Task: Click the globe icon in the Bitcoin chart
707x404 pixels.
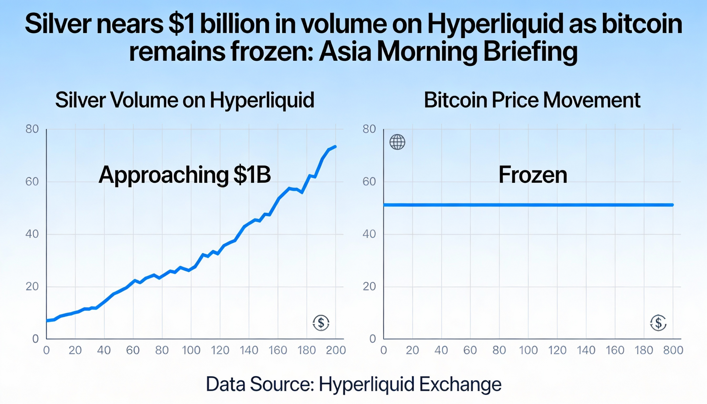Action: [397, 142]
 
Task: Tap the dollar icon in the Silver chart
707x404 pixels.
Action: [321, 323]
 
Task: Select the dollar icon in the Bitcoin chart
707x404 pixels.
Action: [658, 323]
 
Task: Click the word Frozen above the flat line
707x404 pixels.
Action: [533, 175]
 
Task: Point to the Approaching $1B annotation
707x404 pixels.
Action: [184, 175]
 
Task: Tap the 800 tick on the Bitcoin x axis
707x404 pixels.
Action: [673, 350]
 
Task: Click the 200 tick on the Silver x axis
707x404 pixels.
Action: [336, 350]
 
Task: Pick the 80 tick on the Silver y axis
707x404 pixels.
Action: [32, 129]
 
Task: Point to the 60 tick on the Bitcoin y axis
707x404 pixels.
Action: [369, 182]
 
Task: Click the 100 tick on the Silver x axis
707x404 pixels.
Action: [191, 350]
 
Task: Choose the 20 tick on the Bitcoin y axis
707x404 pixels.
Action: [369, 287]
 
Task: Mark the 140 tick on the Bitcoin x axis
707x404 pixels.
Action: [586, 350]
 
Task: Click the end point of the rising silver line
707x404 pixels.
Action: [336, 147]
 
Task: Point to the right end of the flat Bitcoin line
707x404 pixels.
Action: [672, 205]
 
